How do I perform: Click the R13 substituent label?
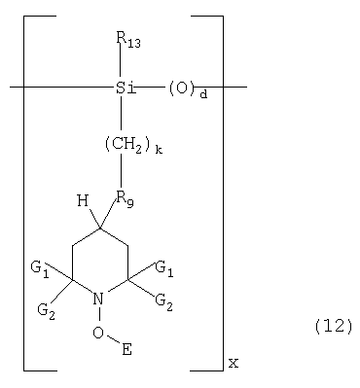128,40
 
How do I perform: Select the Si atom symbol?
126,88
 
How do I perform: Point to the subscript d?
203,94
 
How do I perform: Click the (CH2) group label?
127,144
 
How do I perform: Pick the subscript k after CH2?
159,150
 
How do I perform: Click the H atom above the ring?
83,201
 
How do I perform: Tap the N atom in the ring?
98,299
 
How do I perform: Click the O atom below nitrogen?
98,333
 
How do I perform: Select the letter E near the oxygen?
126,349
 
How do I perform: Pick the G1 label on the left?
40,269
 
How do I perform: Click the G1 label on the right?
164,268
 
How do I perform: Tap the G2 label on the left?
46,311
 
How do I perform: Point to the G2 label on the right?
164,302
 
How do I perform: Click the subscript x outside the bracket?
234,364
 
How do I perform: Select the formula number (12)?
333,326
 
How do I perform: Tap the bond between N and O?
99,316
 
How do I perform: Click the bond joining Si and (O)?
151,87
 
